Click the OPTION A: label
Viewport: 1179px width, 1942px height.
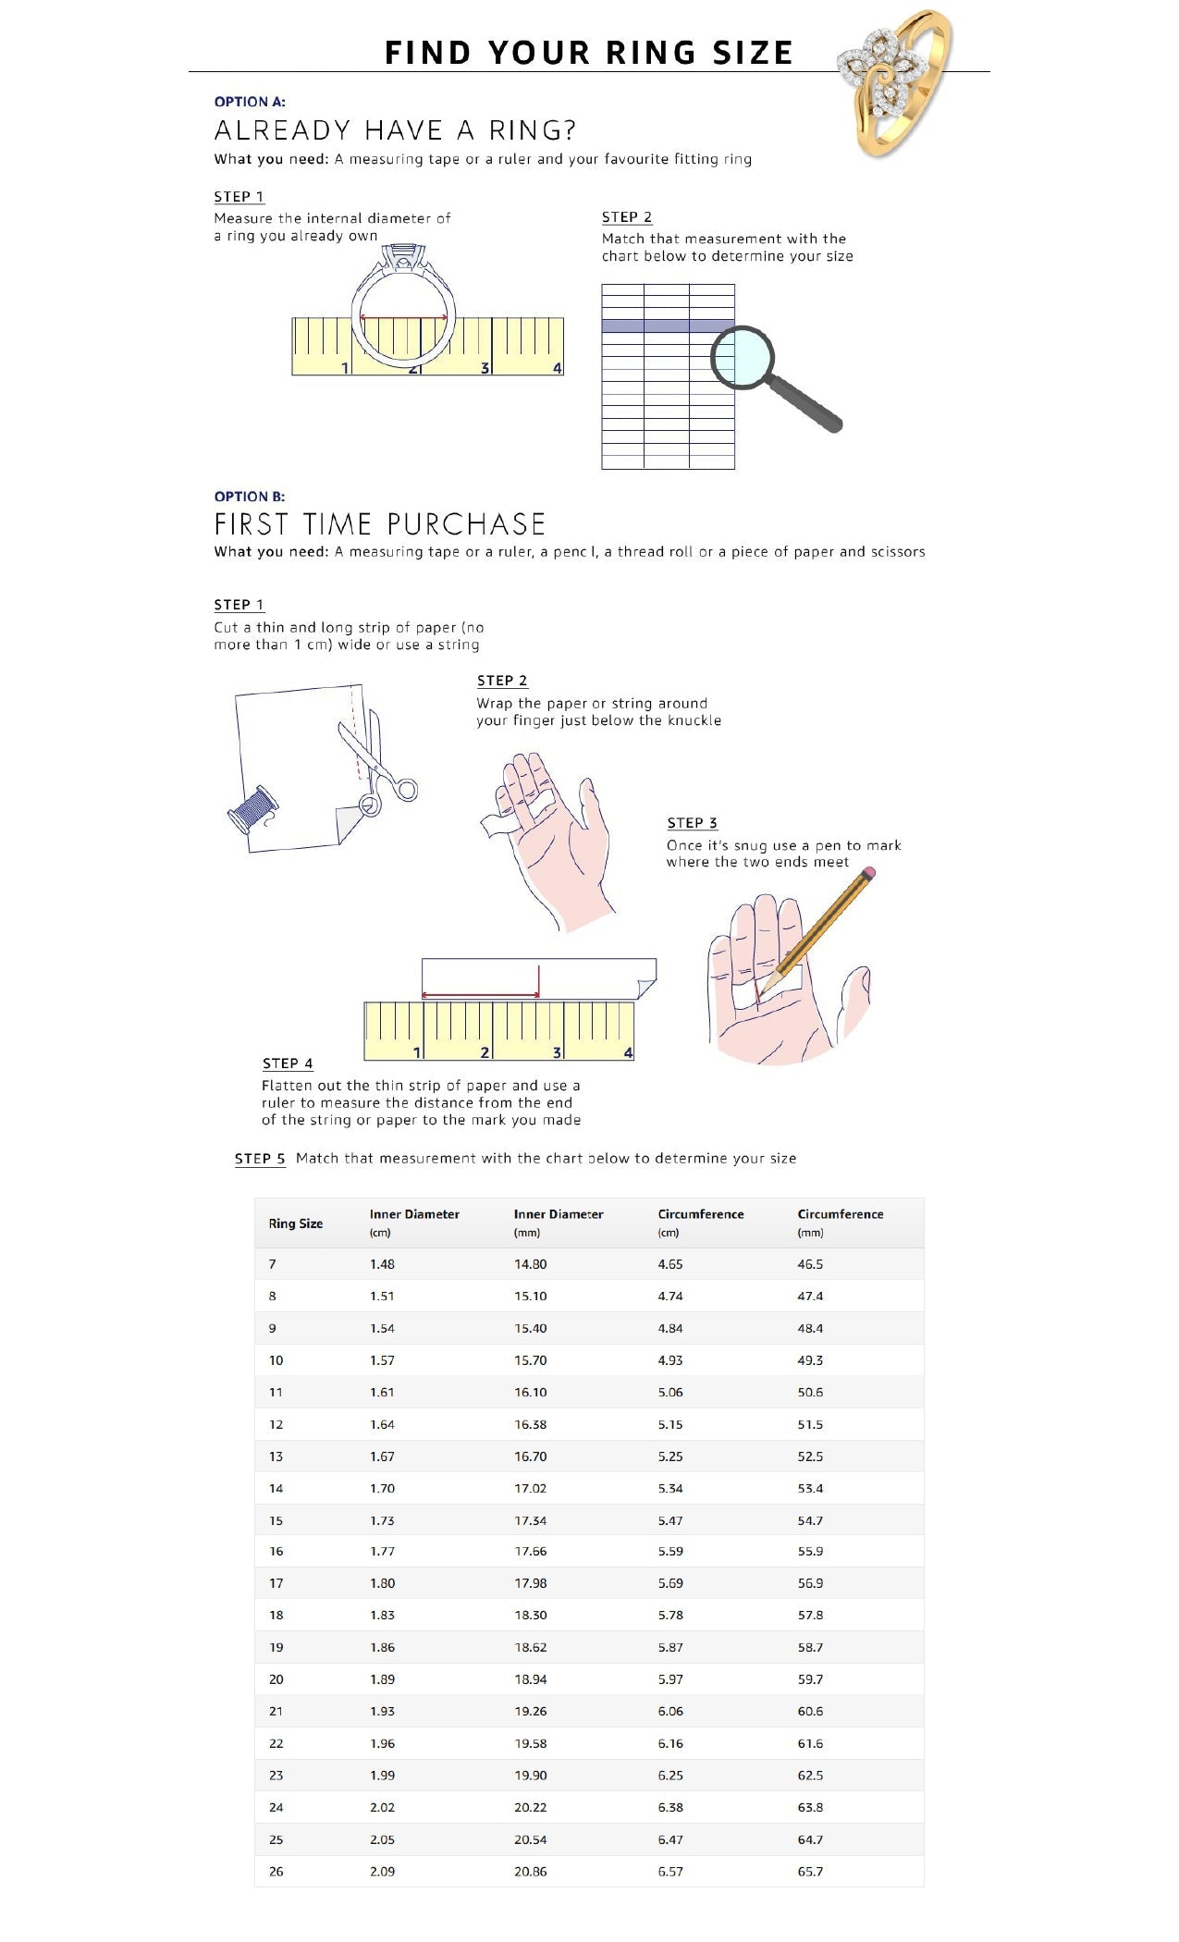(x=250, y=102)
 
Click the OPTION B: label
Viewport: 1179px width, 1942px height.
(x=250, y=497)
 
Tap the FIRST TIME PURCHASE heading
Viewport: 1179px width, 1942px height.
(x=380, y=524)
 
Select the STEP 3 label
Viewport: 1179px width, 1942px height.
(x=692, y=823)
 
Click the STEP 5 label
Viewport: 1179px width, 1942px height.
(x=260, y=1159)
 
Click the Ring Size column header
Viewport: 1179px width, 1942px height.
(x=296, y=1223)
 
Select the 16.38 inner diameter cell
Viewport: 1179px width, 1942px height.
(x=531, y=1425)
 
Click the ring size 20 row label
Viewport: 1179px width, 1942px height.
(x=276, y=1679)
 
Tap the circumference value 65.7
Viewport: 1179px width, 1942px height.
(x=810, y=1872)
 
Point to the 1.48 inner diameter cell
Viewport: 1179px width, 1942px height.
(x=382, y=1264)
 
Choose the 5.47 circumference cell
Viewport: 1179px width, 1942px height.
(x=670, y=1520)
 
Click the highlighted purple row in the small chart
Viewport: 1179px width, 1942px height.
(x=668, y=326)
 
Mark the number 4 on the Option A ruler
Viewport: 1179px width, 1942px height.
(x=557, y=368)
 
